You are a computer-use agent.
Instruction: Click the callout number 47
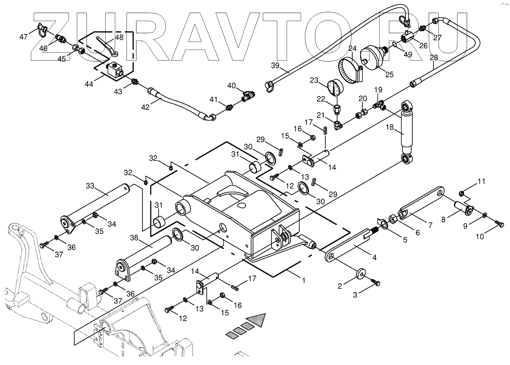(23, 37)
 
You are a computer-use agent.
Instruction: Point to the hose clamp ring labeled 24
(351, 71)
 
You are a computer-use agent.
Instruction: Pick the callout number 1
(303, 280)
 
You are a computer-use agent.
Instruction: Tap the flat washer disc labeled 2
(361, 273)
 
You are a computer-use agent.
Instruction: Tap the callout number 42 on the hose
(145, 107)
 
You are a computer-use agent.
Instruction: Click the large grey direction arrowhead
(259, 320)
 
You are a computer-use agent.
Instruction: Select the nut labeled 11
(461, 193)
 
